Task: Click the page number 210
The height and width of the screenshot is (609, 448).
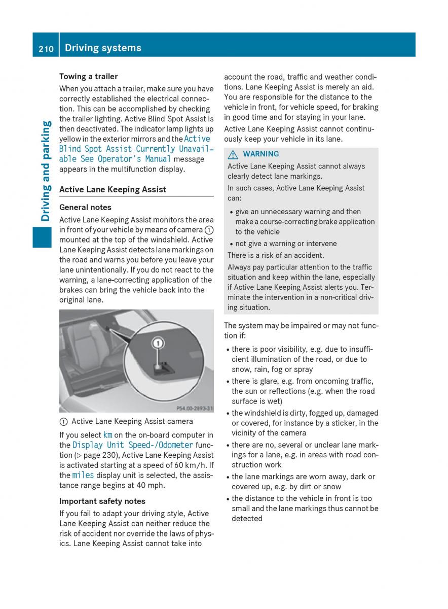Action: [x=46, y=48]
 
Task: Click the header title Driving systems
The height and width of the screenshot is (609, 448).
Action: [x=103, y=48]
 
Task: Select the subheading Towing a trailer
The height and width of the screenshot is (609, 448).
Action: [x=88, y=77]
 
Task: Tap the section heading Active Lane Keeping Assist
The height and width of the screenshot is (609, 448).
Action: [x=113, y=189]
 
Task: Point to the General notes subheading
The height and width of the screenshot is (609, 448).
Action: [x=85, y=207]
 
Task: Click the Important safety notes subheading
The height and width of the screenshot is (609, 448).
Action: [x=102, y=501]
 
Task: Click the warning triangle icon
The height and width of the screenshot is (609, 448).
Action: [x=234, y=154]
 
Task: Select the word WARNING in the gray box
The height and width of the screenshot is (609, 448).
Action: [x=260, y=154]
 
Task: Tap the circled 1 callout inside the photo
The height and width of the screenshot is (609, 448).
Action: [x=158, y=344]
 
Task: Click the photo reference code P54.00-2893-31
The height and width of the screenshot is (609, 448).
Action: [x=194, y=408]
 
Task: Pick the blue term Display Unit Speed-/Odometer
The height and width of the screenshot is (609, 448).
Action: [x=133, y=445]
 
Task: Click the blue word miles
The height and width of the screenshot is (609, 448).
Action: [x=83, y=475]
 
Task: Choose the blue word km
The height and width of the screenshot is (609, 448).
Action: [x=107, y=435]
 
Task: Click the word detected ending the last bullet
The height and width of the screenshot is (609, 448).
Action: [x=247, y=519]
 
